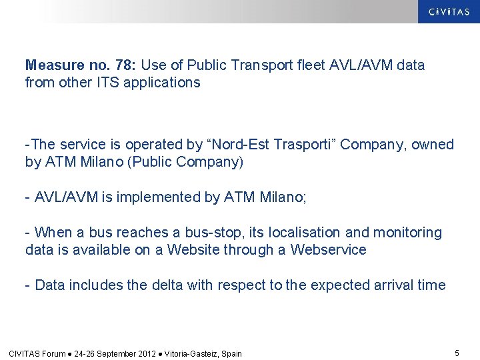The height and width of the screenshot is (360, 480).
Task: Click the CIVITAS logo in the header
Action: tap(448, 11)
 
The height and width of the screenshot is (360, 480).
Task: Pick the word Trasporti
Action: tap(295, 145)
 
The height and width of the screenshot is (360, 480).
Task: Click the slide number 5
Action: tap(457, 353)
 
